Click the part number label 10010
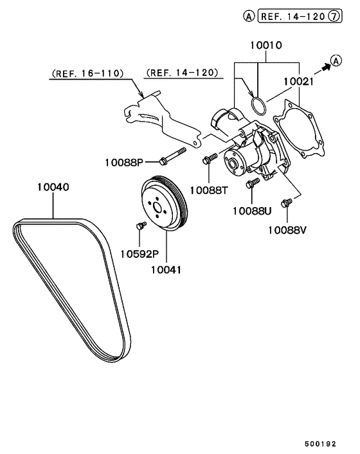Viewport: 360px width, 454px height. (266, 46)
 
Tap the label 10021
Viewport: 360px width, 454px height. (298, 82)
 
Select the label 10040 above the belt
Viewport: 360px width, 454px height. (53, 187)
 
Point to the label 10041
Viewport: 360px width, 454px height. (166, 270)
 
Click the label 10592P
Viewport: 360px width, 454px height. (139, 254)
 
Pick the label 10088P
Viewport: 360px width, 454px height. (124, 163)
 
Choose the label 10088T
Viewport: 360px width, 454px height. (209, 190)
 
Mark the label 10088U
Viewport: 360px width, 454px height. (252, 211)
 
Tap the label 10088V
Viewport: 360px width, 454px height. (287, 230)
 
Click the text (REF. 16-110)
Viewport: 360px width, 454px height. (87, 73)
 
